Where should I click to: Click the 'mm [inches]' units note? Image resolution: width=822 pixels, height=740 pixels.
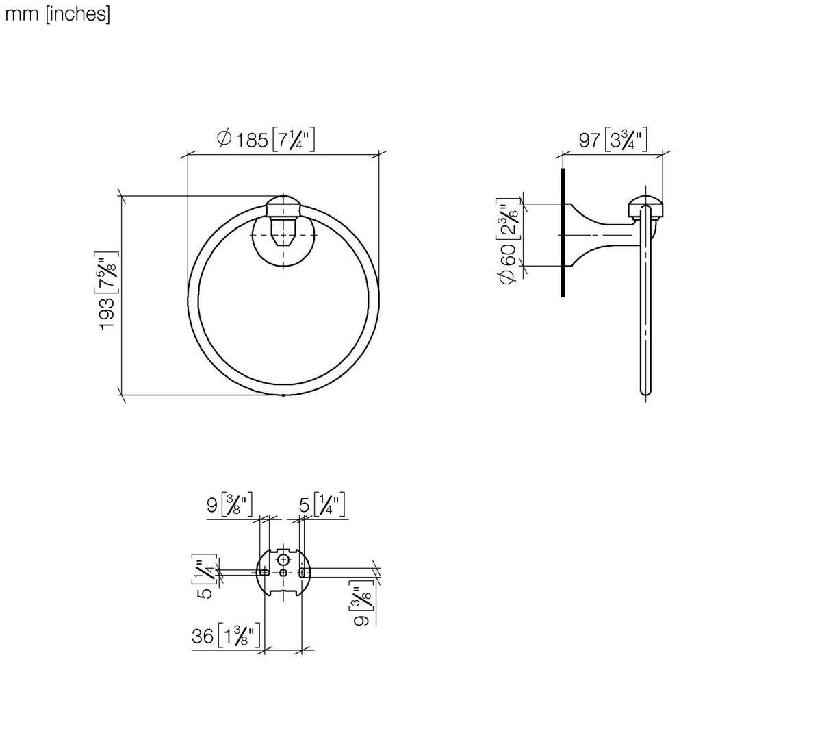tap(57, 15)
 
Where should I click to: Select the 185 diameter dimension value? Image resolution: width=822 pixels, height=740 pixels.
tap(252, 140)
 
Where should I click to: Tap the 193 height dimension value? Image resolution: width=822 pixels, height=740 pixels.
tap(107, 313)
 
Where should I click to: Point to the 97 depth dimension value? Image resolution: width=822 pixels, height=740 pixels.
tap(589, 140)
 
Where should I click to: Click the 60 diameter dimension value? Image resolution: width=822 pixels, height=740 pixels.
tap(508, 255)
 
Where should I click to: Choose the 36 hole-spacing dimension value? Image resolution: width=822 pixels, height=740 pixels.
tap(203, 636)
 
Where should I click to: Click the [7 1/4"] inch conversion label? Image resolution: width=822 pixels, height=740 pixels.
tap(294, 140)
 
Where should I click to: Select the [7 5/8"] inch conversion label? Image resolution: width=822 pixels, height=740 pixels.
tap(106, 273)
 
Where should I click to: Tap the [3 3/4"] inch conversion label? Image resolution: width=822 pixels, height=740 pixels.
tap(626, 140)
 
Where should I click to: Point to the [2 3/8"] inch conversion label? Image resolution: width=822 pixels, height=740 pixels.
tap(508, 219)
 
